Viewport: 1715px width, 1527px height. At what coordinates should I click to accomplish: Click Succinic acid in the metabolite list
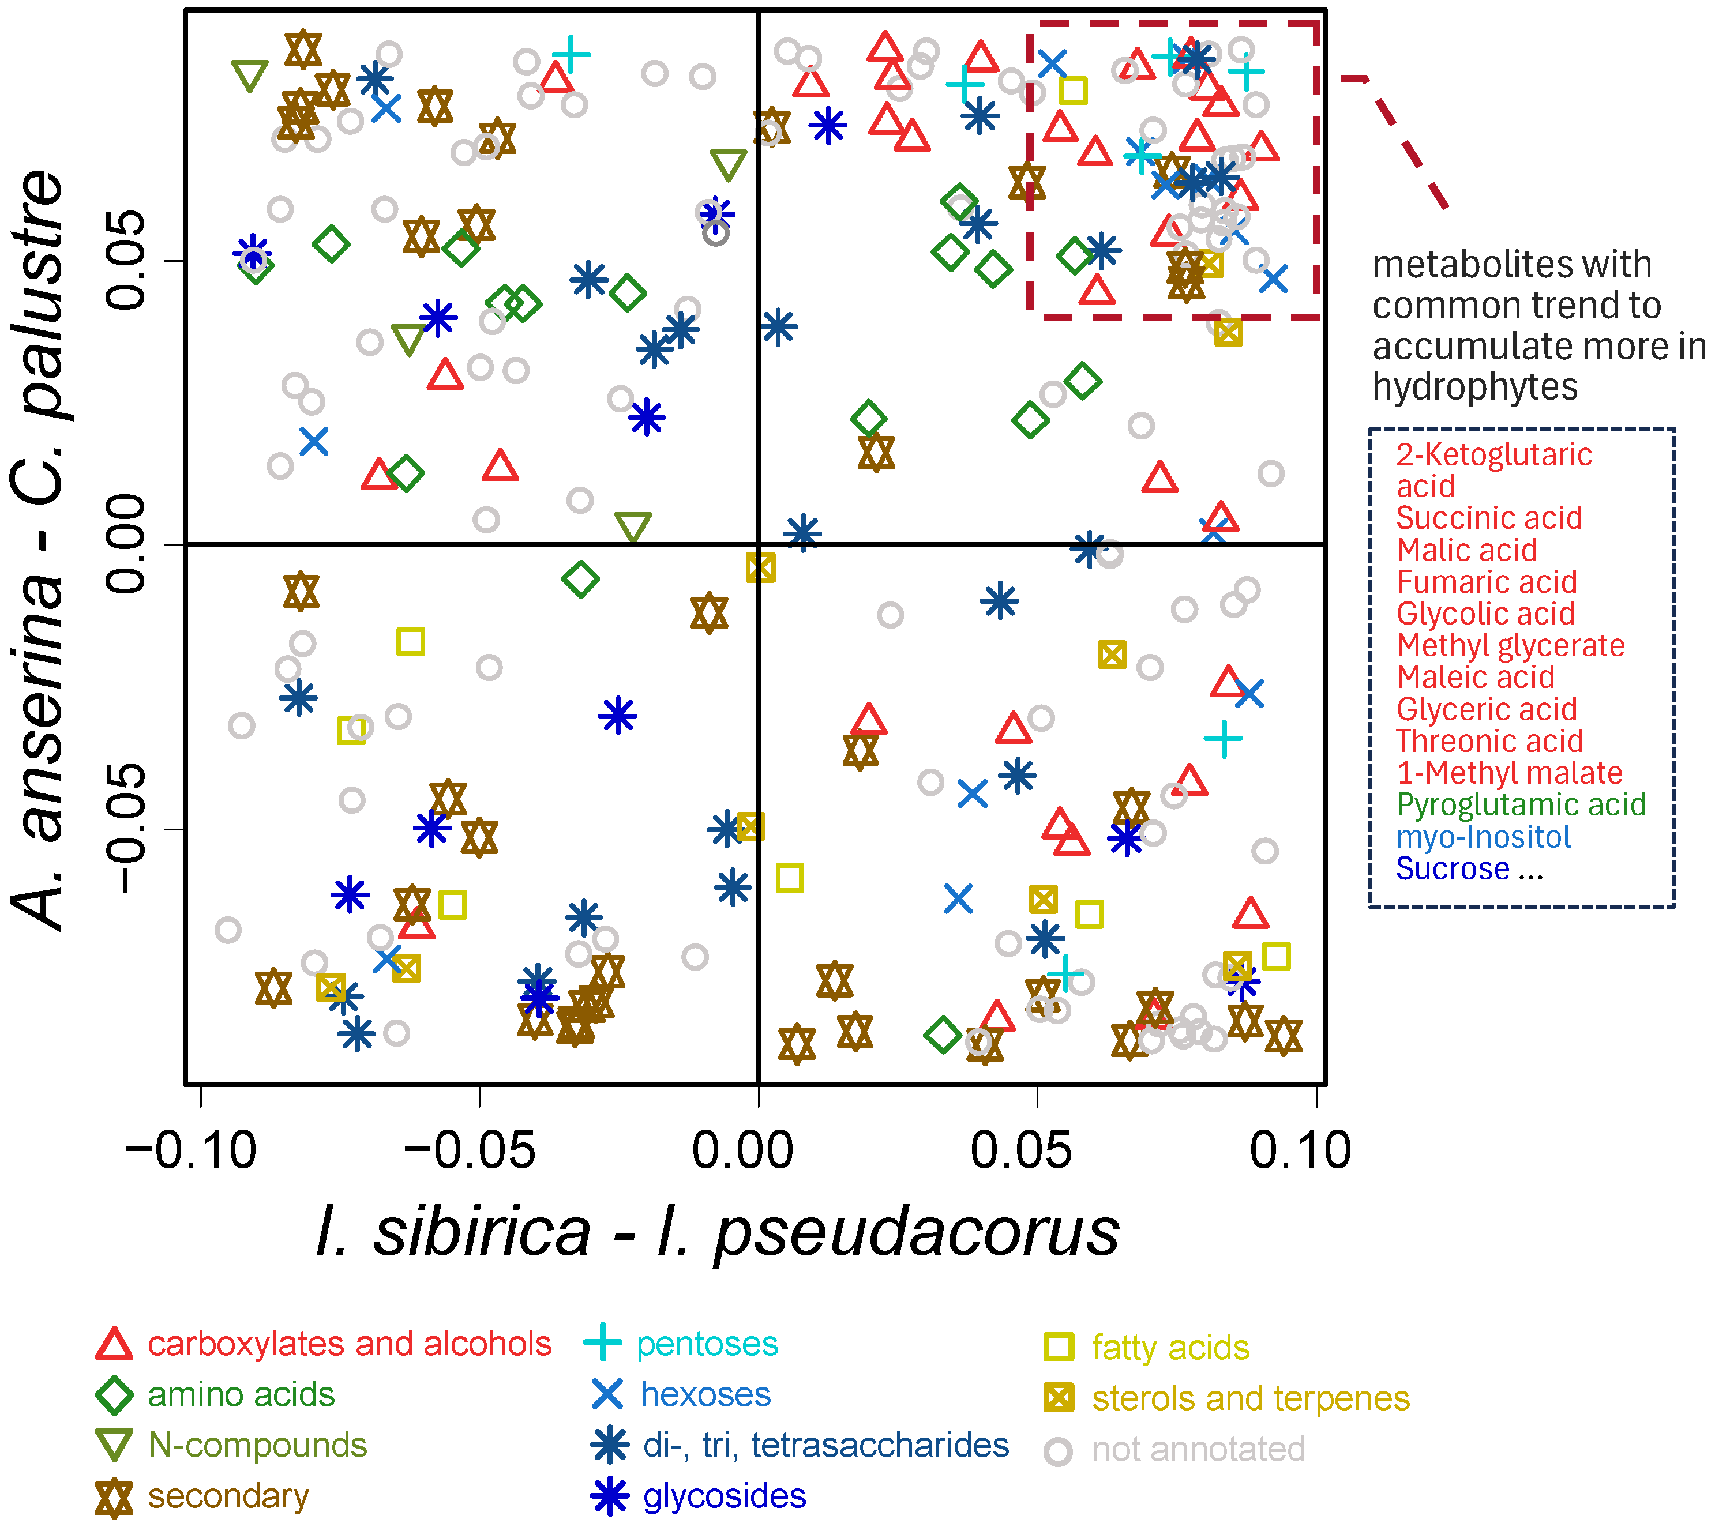[1488, 518]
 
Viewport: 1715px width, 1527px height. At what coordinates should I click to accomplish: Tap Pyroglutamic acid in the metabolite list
[1520, 804]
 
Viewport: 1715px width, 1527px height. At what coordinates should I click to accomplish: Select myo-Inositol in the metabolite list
[1483, 837]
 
